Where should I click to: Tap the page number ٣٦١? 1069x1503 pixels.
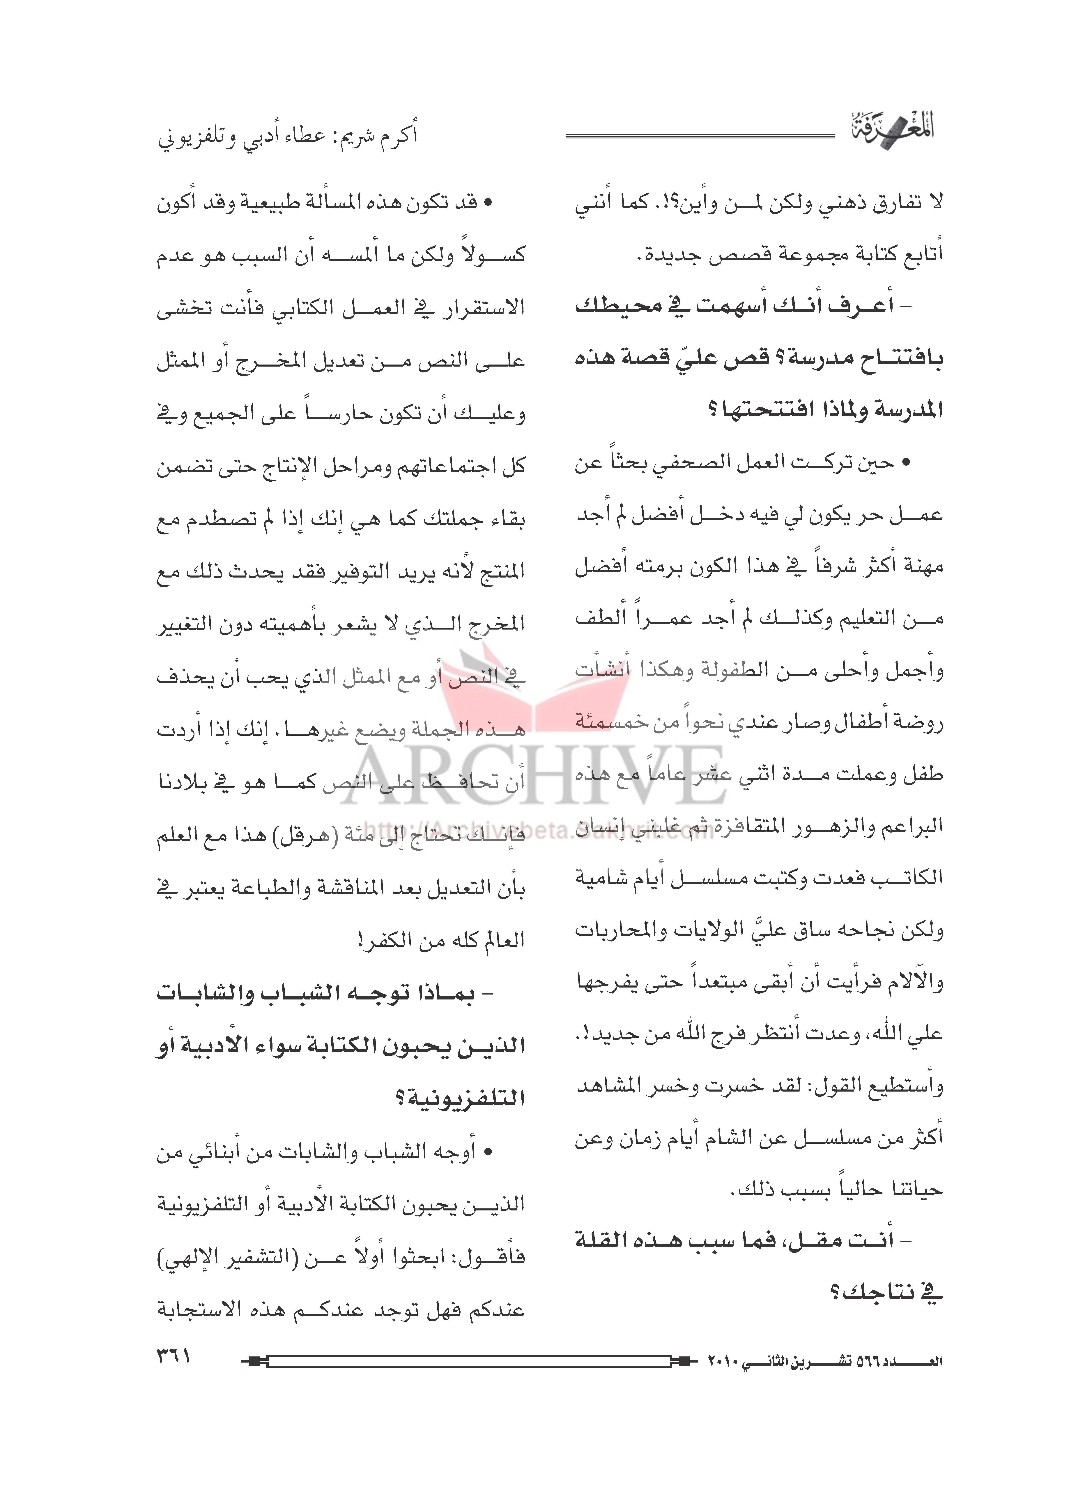(x=172, y=1356)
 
